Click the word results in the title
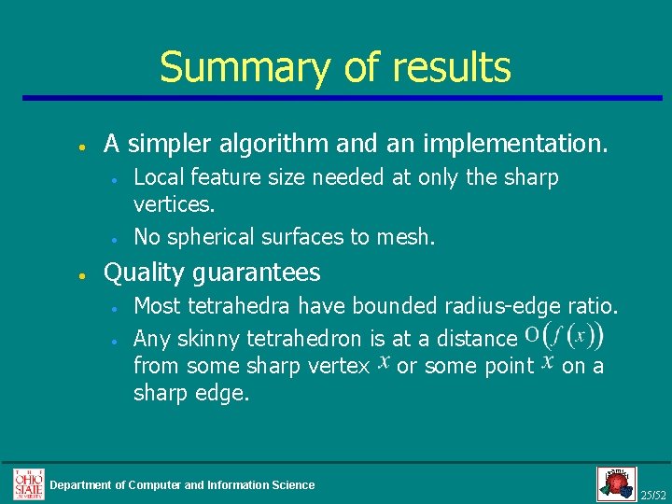click(451, 67)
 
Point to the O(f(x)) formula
click(563, 335)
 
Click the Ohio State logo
click(28, 483)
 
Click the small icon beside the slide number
click(616, 483)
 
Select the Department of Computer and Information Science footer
click(182, 484)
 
